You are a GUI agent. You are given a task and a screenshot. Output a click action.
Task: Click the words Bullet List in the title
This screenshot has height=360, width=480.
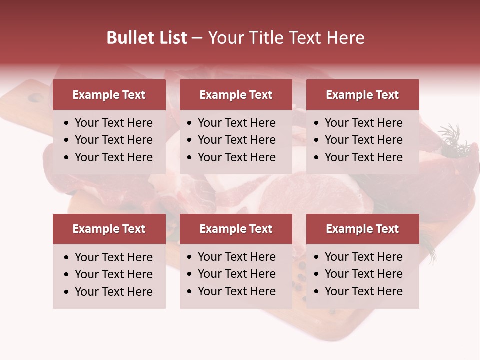[146, 38]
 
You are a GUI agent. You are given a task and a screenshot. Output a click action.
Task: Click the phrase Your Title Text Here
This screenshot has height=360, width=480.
[286, 38]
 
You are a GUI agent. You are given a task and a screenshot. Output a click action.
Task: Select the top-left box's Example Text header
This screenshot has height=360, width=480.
[109, 95]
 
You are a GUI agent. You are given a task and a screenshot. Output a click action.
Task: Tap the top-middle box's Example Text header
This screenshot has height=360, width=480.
[236, 95]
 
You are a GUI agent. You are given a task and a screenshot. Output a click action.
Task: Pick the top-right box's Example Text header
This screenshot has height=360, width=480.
[362, 95]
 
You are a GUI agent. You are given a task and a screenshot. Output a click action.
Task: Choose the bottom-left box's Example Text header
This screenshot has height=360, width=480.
[109, 229]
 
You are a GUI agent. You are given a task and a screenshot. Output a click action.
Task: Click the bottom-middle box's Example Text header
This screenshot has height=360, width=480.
[236, 229]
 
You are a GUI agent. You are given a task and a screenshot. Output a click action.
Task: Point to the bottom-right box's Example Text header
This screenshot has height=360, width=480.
[362, 229]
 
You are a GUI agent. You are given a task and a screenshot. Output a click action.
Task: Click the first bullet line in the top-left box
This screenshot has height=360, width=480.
[113, 123]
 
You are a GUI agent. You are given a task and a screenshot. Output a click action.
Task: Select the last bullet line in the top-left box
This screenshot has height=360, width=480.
[113, 157]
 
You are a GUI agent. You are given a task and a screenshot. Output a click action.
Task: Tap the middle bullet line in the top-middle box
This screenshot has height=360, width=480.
[236, 140]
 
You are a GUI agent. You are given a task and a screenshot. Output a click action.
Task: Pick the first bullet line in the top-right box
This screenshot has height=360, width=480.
[363, 123]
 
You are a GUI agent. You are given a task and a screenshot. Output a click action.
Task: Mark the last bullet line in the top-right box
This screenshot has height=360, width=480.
[363, 157]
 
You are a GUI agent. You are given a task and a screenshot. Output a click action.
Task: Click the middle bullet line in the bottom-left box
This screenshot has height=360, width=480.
[113, 274]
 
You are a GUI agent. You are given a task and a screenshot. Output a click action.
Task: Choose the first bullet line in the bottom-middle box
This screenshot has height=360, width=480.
[236, 257]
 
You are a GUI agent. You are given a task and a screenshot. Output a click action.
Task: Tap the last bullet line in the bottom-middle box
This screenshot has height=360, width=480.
[236, 291]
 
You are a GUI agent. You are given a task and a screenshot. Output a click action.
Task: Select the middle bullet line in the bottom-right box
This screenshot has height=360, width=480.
[363, 274]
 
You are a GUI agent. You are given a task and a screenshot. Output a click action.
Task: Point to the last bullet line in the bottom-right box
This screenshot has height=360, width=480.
[363, 291]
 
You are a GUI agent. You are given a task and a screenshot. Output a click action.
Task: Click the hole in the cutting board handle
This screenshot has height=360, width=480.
[35, 98]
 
